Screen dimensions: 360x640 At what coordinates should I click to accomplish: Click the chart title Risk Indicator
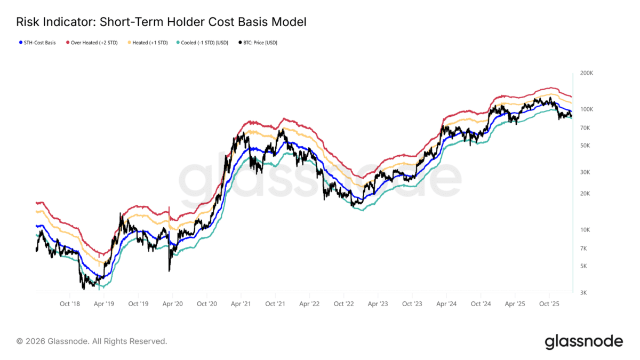coord(161,22)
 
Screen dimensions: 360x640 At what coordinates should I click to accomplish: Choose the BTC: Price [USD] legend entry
coord(261,43)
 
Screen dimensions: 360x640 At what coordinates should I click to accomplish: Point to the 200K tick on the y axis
coord(586,73)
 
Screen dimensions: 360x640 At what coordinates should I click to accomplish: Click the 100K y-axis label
coord(586,109)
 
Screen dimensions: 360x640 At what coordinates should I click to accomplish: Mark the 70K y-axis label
coord(585,128)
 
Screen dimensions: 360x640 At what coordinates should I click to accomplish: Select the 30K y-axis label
coord(585,172)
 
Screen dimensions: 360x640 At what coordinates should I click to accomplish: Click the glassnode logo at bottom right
coord(583,341)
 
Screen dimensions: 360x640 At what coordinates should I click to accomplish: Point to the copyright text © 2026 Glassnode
coord(92,341)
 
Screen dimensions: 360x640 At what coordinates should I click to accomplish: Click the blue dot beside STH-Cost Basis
coord(20,43)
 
